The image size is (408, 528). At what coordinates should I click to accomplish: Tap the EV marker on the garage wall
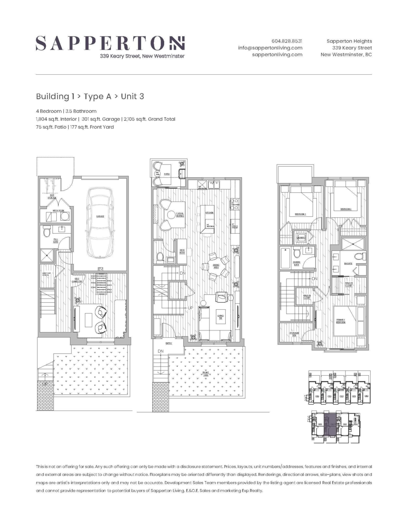[x=100, y=270]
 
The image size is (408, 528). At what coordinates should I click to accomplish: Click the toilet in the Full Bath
[x=47, y=232]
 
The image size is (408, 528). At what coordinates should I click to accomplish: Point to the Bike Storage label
[x=52, y=197]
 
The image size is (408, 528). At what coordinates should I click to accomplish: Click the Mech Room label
[x=59, y=210]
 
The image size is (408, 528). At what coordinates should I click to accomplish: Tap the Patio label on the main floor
[x=167, y=174]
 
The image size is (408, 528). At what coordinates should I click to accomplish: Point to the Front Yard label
[x=206, y=373]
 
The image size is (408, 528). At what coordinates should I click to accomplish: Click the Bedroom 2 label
[x=346, y=209]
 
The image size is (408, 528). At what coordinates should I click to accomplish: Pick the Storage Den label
[x=294, y=334]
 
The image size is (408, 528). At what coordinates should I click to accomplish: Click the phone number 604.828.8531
[x=287, y=40]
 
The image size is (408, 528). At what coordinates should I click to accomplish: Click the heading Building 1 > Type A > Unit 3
[x=90, y=96]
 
